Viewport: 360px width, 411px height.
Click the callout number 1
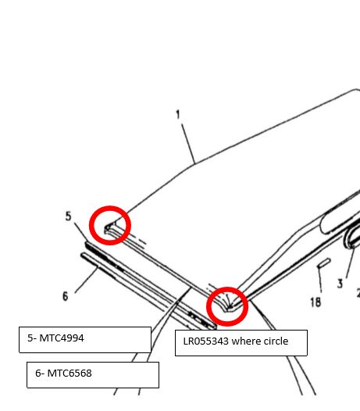click(x=178, y=115)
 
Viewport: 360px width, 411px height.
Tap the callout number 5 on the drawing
click(x=68, y=216)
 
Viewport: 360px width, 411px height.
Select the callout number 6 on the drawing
click(x=66, y=296)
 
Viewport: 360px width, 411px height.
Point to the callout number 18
click(x=315, y=302)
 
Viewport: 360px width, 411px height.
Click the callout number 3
click(x=340, y=284)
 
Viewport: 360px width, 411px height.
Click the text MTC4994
click(x=62, y=338)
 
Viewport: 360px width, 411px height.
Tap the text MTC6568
click(x=70, y=373)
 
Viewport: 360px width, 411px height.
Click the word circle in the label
click(x=276, y=341)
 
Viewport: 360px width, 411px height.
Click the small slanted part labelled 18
click(x=324, y=263)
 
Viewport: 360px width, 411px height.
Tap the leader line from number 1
click(x=188, y=144)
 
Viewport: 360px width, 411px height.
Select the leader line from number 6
click(x=86, y=280)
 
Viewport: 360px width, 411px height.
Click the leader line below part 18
click(x=319, y=280)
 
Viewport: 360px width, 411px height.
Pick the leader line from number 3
click(x=351, y=263)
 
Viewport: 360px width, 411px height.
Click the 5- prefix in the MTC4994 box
click(x=32, y=338)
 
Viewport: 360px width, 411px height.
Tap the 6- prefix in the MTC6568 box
click(x=40, y=373)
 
